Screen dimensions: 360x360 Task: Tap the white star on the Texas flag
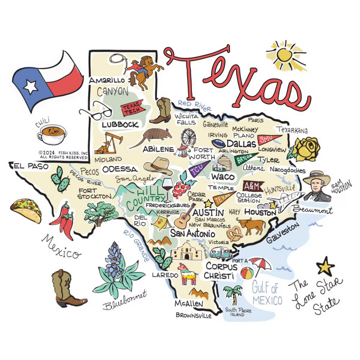click(30, 86)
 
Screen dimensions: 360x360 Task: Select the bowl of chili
click(52, 134)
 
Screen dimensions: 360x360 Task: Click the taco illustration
click(26, 210)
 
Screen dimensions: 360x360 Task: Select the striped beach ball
click(247, 273)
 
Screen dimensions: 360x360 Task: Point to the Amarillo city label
click(106, 80)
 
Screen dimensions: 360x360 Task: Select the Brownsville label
click(193, 315)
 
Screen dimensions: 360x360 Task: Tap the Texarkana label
click(292, 130)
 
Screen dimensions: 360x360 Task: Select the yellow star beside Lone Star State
click(325, 265)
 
